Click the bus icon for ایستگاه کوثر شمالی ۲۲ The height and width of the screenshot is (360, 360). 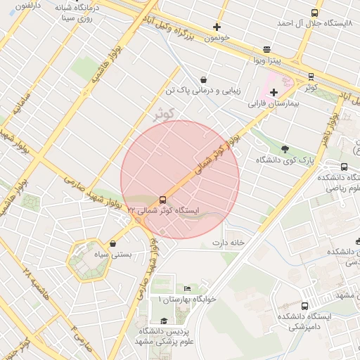(x=163, y=200)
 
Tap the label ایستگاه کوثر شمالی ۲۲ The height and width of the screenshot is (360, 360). (x=163, y=210)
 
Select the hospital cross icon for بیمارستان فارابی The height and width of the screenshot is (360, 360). (x=274, y=93)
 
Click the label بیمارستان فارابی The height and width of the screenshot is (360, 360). (x=274, y=104)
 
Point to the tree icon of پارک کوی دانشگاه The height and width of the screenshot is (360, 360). (x=285, y=149)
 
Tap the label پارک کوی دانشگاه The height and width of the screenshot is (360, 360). (x=285, y=160)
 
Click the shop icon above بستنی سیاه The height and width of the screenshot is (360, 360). (x=113, y=243)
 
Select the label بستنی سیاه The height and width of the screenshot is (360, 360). (x=113, y=254)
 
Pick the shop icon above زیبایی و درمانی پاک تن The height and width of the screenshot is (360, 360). (x=203, y=79)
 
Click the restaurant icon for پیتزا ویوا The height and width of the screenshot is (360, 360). (x=266, y=49)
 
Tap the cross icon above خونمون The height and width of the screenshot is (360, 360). (x=217, y=27)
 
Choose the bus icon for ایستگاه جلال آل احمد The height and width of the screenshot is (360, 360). (x=314, y=13)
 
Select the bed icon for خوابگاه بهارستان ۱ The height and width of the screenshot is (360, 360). (x=187, y=288)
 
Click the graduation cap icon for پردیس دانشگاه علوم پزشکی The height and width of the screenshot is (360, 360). (x=163, y=321)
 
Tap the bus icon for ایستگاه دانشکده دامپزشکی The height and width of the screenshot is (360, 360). (x=304, y=306)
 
